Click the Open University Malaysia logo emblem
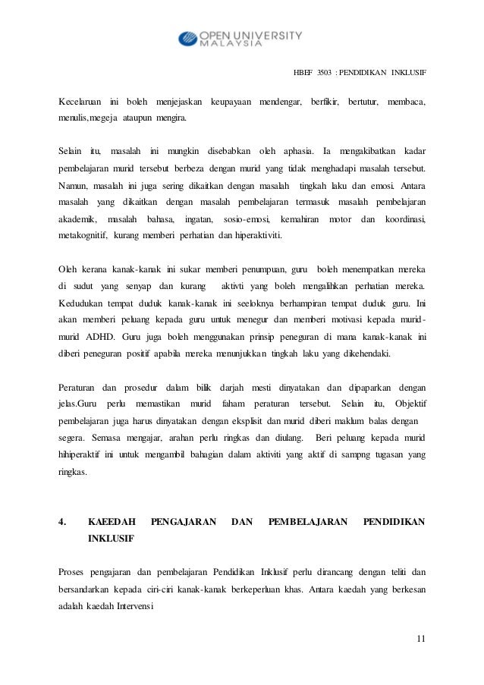(187, 38)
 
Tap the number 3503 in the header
(326, 74)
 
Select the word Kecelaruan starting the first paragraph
(80, 102)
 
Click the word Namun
(72, 184)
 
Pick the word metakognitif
(83, 237)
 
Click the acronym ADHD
(93, 338)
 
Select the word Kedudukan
(83, 303)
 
